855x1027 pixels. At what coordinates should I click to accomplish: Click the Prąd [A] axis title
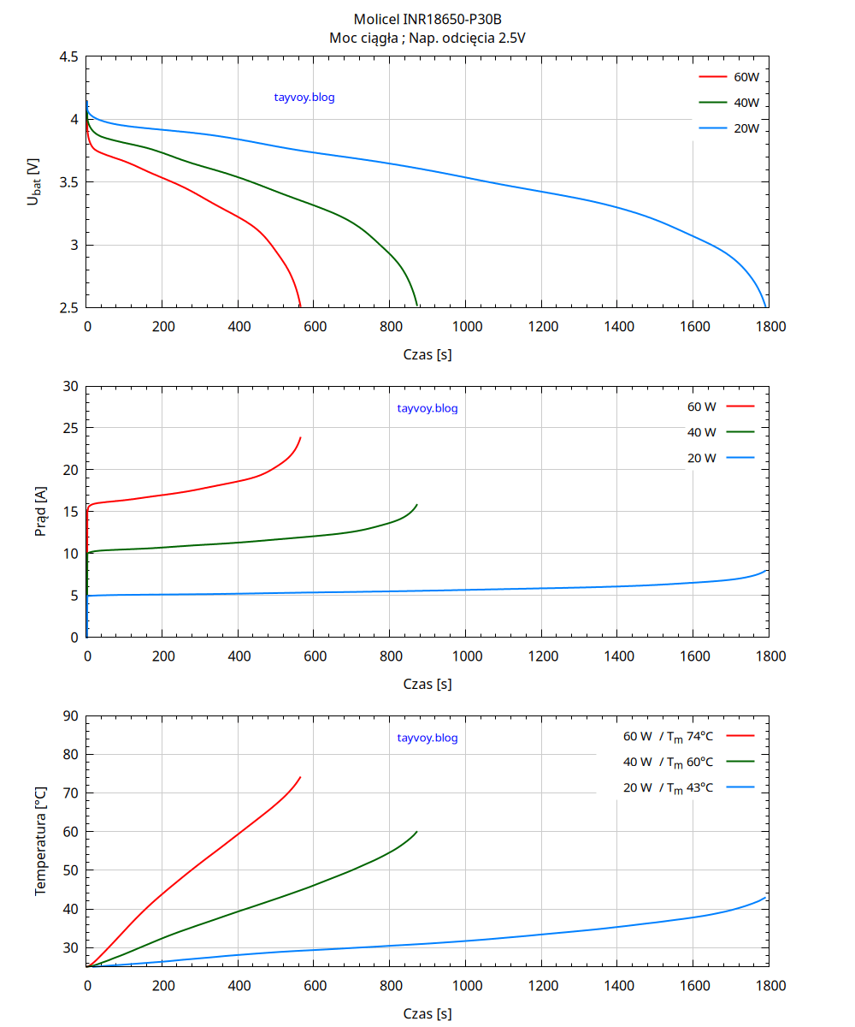pos(40,512)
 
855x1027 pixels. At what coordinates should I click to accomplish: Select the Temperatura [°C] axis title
pos(40,841)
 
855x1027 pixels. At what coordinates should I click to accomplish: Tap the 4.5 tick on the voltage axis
pos(68,56)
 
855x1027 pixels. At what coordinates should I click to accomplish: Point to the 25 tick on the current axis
pos(70,428)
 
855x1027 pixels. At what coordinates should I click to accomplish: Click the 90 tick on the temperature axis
pos(70,716)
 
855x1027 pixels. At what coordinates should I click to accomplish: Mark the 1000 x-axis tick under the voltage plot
pos(466,326)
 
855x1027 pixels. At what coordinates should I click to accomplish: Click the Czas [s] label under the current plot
pos(427,685)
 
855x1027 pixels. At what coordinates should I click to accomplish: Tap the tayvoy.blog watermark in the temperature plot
pos(427,738)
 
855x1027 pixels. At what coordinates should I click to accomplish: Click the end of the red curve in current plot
pos(301,437)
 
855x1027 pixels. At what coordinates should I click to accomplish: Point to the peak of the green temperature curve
pos(416,831)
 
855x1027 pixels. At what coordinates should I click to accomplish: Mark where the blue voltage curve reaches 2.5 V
pos(765,306)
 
